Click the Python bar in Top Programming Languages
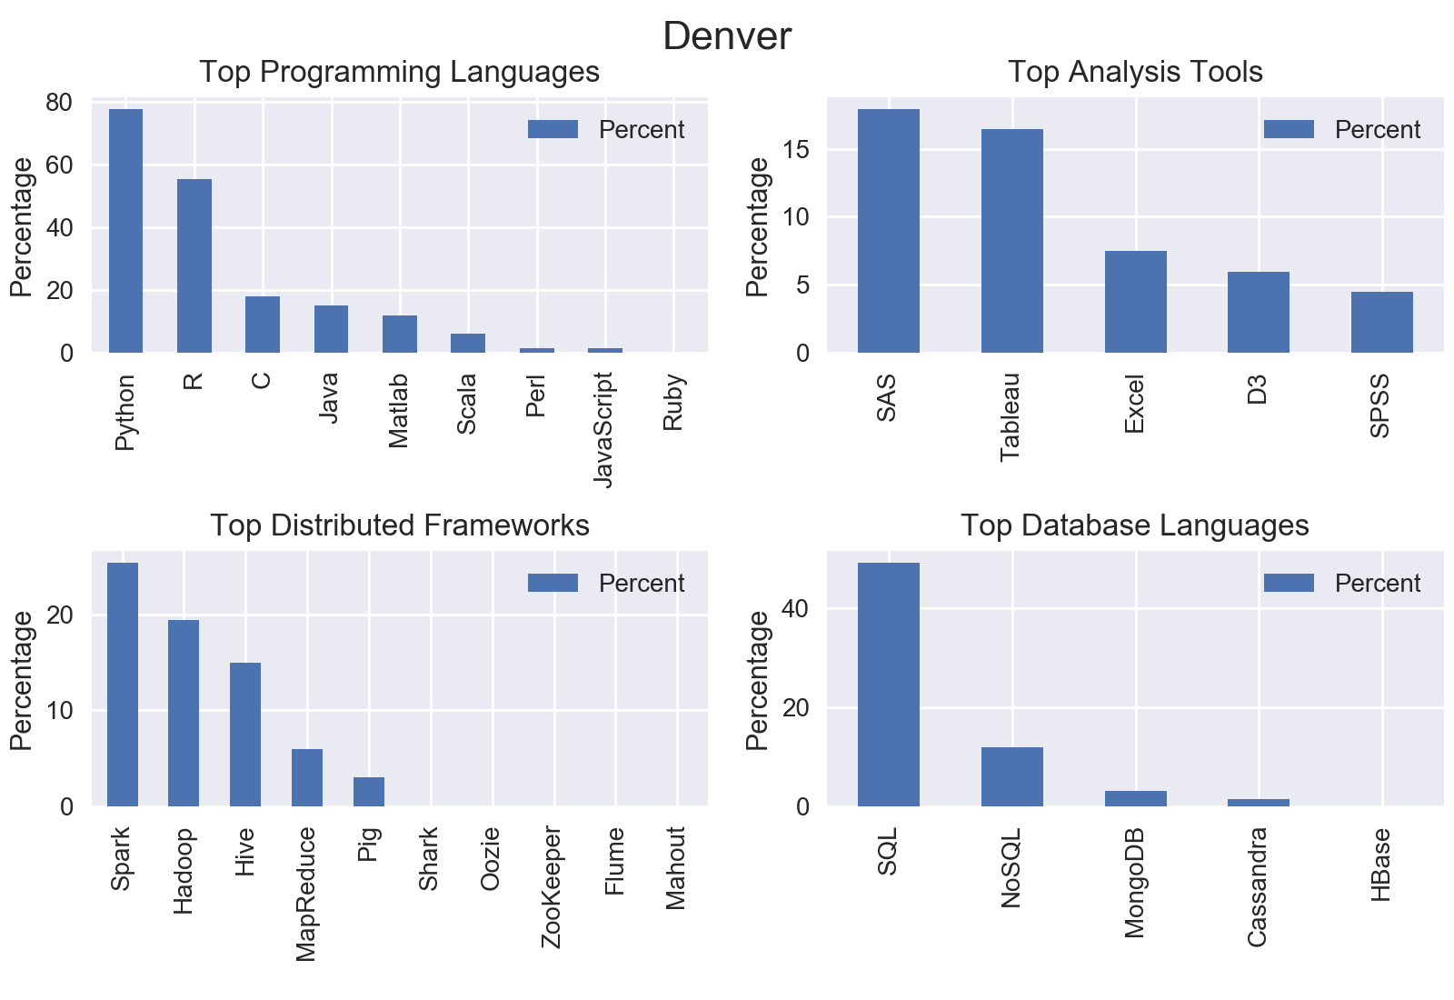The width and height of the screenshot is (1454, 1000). (125, 231)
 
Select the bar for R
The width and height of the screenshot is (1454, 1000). (194, 265)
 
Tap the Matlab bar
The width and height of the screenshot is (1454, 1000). (399, 334)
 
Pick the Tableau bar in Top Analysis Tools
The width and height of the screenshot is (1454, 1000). (1011, 241)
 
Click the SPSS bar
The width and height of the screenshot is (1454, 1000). (1381, 322)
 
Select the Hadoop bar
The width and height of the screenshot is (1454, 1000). (184, 713)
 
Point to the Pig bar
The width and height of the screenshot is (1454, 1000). (368, 791)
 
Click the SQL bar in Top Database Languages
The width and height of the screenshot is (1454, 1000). (888, 685)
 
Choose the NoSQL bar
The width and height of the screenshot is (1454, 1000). (1011, 776)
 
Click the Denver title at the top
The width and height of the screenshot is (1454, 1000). (727, 36)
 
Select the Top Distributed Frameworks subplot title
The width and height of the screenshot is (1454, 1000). (400, 525)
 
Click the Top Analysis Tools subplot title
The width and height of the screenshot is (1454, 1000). (1135, 72)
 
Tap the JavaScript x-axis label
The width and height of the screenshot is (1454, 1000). (603, 429)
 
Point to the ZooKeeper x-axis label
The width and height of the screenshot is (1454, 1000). (552, 887)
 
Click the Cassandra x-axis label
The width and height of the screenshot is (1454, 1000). (1257, 886)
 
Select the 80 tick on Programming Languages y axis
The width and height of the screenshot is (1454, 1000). (59, 103)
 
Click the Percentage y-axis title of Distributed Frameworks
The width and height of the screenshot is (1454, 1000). (22, 680)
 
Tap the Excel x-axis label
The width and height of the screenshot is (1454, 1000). (1134, 404)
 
